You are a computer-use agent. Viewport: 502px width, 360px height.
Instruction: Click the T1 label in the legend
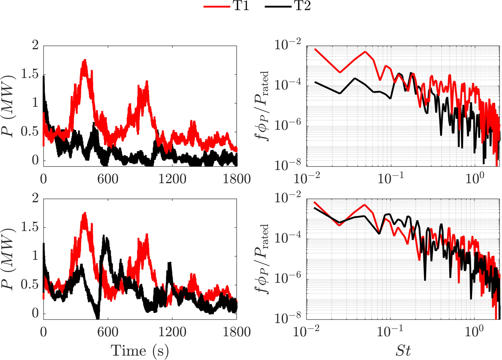point(241,6)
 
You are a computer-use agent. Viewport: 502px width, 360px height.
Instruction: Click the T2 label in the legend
point(302,6)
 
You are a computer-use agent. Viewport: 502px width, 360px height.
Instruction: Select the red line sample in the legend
point(216,6)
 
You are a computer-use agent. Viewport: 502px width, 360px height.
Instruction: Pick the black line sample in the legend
point(278,6)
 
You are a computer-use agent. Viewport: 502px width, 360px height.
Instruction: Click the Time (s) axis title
point(140,351)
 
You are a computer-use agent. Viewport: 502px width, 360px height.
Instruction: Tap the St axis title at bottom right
point(403,351)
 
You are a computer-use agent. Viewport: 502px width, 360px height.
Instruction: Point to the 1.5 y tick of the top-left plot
point(30,74)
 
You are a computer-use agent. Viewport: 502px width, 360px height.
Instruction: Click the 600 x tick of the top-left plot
point(108,179)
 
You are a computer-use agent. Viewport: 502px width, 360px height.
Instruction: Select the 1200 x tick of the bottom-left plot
point(172,332)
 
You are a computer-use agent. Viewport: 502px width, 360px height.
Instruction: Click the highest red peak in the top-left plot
point(85,60)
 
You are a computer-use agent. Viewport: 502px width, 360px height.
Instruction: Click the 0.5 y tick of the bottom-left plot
point(30,285)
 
